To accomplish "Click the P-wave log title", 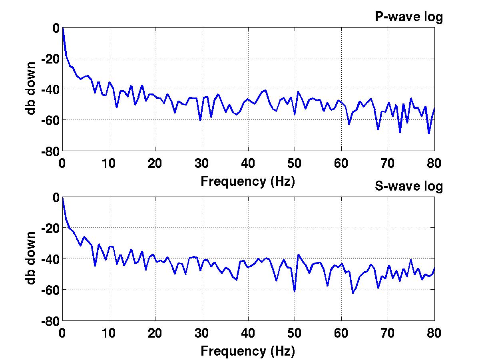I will pyautogui.click(x=408, y=17).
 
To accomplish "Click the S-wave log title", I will pyautogui.click(x=408, y=186).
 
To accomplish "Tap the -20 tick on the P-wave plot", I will pyautogui.click(x=49, y=58).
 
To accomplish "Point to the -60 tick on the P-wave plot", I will pyautogui.click(x=49, y=120).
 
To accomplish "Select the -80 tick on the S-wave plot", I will pyautogui.click(x=49, y=321).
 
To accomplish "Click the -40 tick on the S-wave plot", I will pyautogui.click(x=49, y=259).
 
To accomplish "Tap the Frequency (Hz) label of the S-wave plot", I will pyautogui.click(x=248, y=351).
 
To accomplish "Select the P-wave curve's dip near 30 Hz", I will pyautogui.click(x=200, y=120).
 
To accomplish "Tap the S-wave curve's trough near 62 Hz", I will pyautogui.click(x=353, y=293).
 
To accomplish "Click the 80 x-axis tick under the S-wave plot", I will pyautogui.click(x=434, y=333).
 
